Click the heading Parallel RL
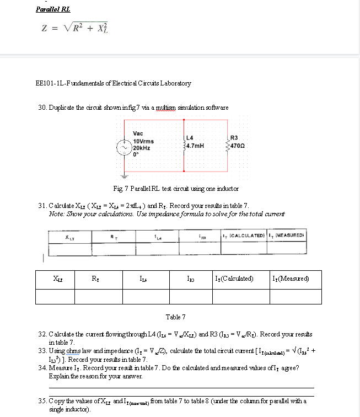point(53,9)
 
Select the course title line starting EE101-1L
point(112,83)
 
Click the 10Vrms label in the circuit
point(143,141)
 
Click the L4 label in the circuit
point(190,138)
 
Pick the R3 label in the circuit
point(234,138)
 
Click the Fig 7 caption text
point(175,189)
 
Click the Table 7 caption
point(175,317)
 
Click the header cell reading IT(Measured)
point(293,278)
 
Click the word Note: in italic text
point(57,213)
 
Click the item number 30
point(42,107)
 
